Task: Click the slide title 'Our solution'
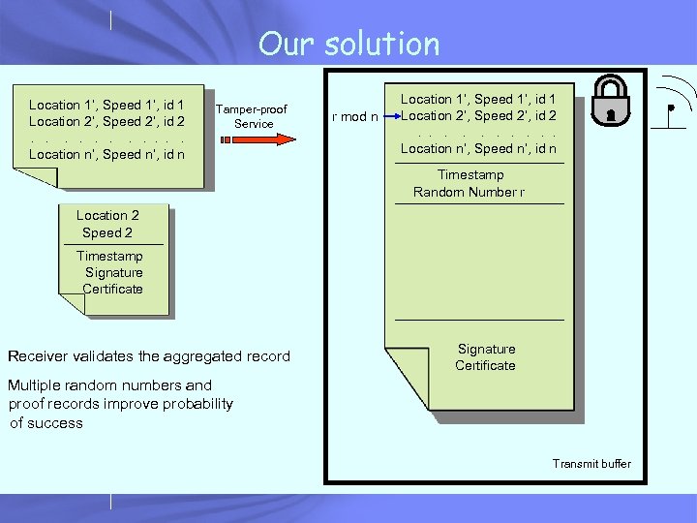point(348,44)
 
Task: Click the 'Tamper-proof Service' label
point(252,115)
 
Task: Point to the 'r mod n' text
point(353,117)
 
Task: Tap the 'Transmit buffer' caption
point(591,464)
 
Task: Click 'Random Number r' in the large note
point(469,192)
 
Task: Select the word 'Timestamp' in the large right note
point(470,175)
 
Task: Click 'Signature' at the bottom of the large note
point(486,349)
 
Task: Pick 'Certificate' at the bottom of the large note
point(486,365)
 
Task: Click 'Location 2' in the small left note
point(107,216)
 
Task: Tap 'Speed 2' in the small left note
point(107,232)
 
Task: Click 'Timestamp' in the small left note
point(109,256)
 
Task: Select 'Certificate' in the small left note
point(112,289)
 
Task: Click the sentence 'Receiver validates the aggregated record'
point(149,356)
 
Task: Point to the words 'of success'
point(46,422)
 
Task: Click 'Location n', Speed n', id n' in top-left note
point(106,154)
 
